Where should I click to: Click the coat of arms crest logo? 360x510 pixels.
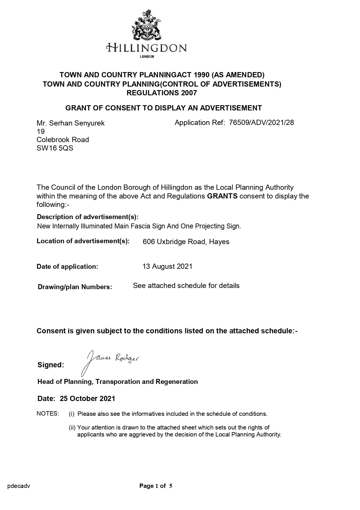pos(147,25)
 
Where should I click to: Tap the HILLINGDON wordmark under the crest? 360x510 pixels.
pos(147,48)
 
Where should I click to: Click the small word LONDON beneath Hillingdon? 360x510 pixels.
pos(147,57)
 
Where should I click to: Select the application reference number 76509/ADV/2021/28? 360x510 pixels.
pos(261,123)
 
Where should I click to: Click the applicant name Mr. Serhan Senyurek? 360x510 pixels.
pos(71,123)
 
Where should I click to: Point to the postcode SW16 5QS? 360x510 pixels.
pos(55,148)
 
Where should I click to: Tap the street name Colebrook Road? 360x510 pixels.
pos(63,140)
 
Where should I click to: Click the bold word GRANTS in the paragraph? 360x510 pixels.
pos(222,196)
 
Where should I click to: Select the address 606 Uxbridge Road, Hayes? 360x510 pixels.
pos(186,242)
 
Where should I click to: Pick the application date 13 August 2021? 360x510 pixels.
pos(167,266)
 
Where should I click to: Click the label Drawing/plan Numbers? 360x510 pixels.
pos(75,287)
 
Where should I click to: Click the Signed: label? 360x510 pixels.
pos(51,365)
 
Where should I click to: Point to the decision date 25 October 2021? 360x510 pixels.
pos(87,398)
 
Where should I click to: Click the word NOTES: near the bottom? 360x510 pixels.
pos(48,414)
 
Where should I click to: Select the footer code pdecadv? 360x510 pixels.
pos(19,486)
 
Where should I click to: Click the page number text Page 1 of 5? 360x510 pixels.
pos(156,486)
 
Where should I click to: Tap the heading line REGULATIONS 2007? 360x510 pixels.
pos(162,93)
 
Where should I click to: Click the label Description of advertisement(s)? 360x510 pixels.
pos(88,217)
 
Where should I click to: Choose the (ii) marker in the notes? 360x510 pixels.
pos(72,427)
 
